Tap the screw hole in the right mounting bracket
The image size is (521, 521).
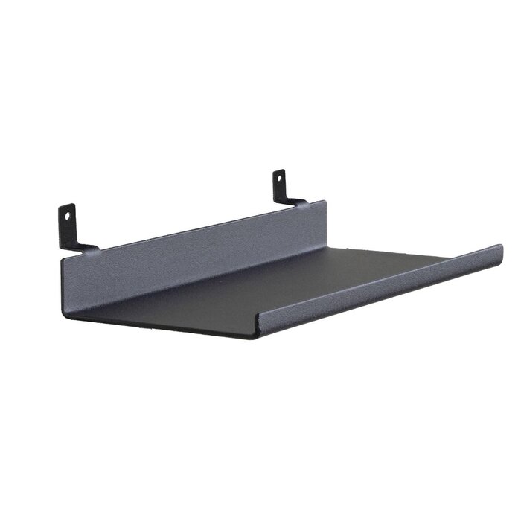[x=281, y=179]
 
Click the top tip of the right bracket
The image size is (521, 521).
[x=279, y=171]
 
